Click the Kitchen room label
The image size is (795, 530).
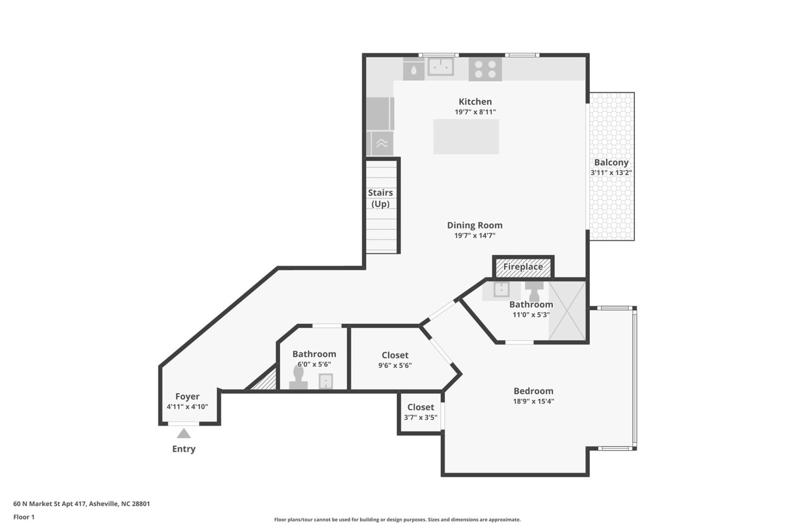(x=475, y=101)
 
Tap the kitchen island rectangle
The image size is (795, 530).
(x=466, y=137)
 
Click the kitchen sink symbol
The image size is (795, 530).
(x=441, y=67)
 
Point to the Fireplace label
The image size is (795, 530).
(x=523, y=267)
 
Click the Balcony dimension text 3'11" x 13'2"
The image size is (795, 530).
(x=611, y=173)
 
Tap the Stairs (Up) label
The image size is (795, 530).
(x=380, y=198)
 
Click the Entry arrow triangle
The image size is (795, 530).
(x=183, y=434)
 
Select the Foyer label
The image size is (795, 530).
(x=187, y=396)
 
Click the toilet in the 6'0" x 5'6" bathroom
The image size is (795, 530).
(x=299, y=378)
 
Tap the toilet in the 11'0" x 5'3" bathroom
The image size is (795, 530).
(x=534, y=291)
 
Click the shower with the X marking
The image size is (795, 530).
(x=567, y=311)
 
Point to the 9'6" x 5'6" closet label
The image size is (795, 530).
(x=395, y=355)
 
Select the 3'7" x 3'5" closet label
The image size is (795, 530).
(x=420, y=407)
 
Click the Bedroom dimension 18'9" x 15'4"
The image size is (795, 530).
(x=533, y=401)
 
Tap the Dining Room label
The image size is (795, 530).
(x=475, y=225)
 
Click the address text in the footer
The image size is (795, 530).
(x=82, y=504)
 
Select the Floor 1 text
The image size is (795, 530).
(x=24, y=517)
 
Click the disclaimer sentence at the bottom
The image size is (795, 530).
(x=397, y=520)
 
